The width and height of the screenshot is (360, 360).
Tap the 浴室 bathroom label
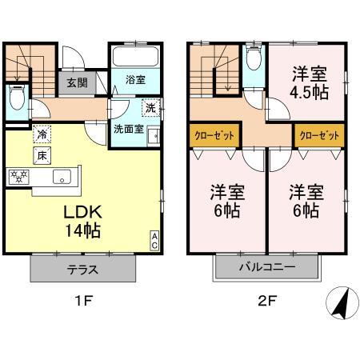tap(134, 80)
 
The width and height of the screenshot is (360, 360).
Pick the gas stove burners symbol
tap(19, 175)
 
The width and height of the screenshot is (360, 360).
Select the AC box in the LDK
tap(155, 240)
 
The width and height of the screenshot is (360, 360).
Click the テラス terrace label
tap(82, 270)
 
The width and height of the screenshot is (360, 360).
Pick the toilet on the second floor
tap(254, 58)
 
